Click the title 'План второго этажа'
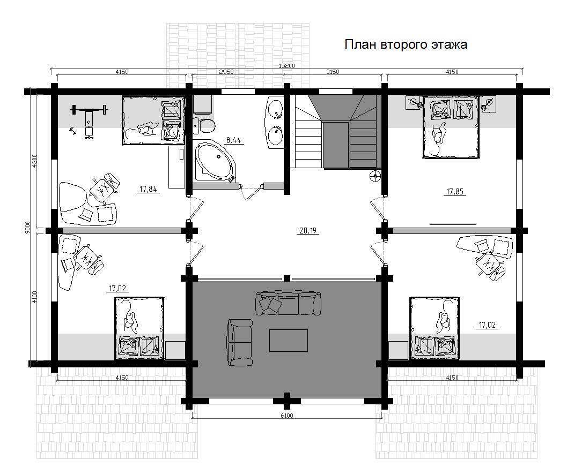click(x=406, y=44)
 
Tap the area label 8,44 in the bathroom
click(x=233, y=140)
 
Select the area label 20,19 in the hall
click(x=308, y=230)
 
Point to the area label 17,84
click(x=148, y=189)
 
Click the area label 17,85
click(x=455, y=192)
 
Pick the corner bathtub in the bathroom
click(x=214, y=161)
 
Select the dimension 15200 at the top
click(x=286, y=66)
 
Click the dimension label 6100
click(x=287, y=416)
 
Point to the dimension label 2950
click(x=226, y=71)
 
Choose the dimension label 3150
click(x=333, y=71)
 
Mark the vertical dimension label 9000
click(x=28, y=228)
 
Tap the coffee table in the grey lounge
click(x=288, y=341)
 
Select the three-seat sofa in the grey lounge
click(x=288, y=303)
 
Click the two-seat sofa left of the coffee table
click(x=239, y=342)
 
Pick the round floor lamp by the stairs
click(x=375, y=176)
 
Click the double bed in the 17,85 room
click(x=451, y=127)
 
